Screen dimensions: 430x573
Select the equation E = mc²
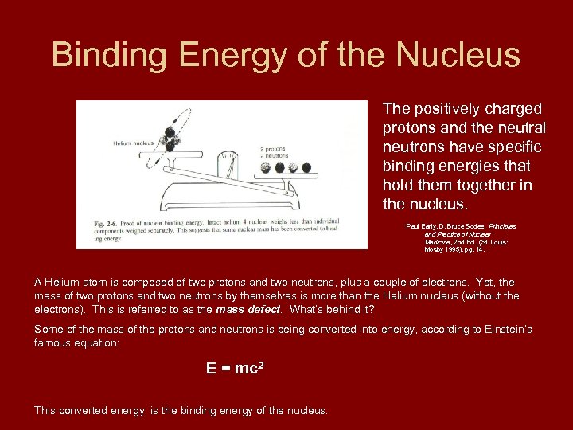point(234,368)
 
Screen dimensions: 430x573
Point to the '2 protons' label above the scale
point(273,149)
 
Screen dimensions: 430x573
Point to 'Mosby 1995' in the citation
point(442,249)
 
